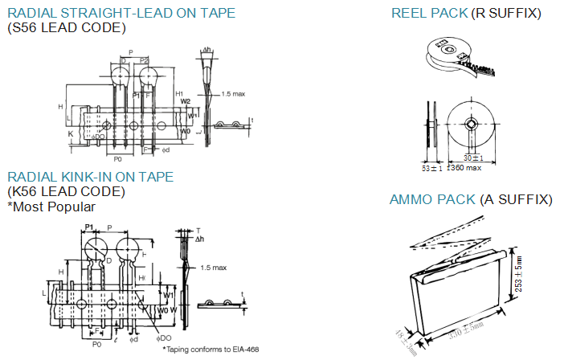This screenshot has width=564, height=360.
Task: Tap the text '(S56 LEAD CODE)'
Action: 67,28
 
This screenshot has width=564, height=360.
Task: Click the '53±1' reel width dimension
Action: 432,168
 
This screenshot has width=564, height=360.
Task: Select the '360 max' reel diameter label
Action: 465,168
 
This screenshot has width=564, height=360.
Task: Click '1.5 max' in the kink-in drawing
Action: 213,268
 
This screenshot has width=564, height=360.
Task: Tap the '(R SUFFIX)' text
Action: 507,14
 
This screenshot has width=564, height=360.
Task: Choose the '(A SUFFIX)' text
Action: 516,199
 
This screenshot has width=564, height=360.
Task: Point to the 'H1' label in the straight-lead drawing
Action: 179,93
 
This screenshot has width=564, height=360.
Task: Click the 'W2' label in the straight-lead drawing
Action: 185,102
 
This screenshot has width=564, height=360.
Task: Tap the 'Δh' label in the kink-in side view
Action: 198,239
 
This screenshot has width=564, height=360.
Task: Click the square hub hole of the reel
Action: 472,126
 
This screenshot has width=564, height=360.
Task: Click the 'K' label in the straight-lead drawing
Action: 71,132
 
